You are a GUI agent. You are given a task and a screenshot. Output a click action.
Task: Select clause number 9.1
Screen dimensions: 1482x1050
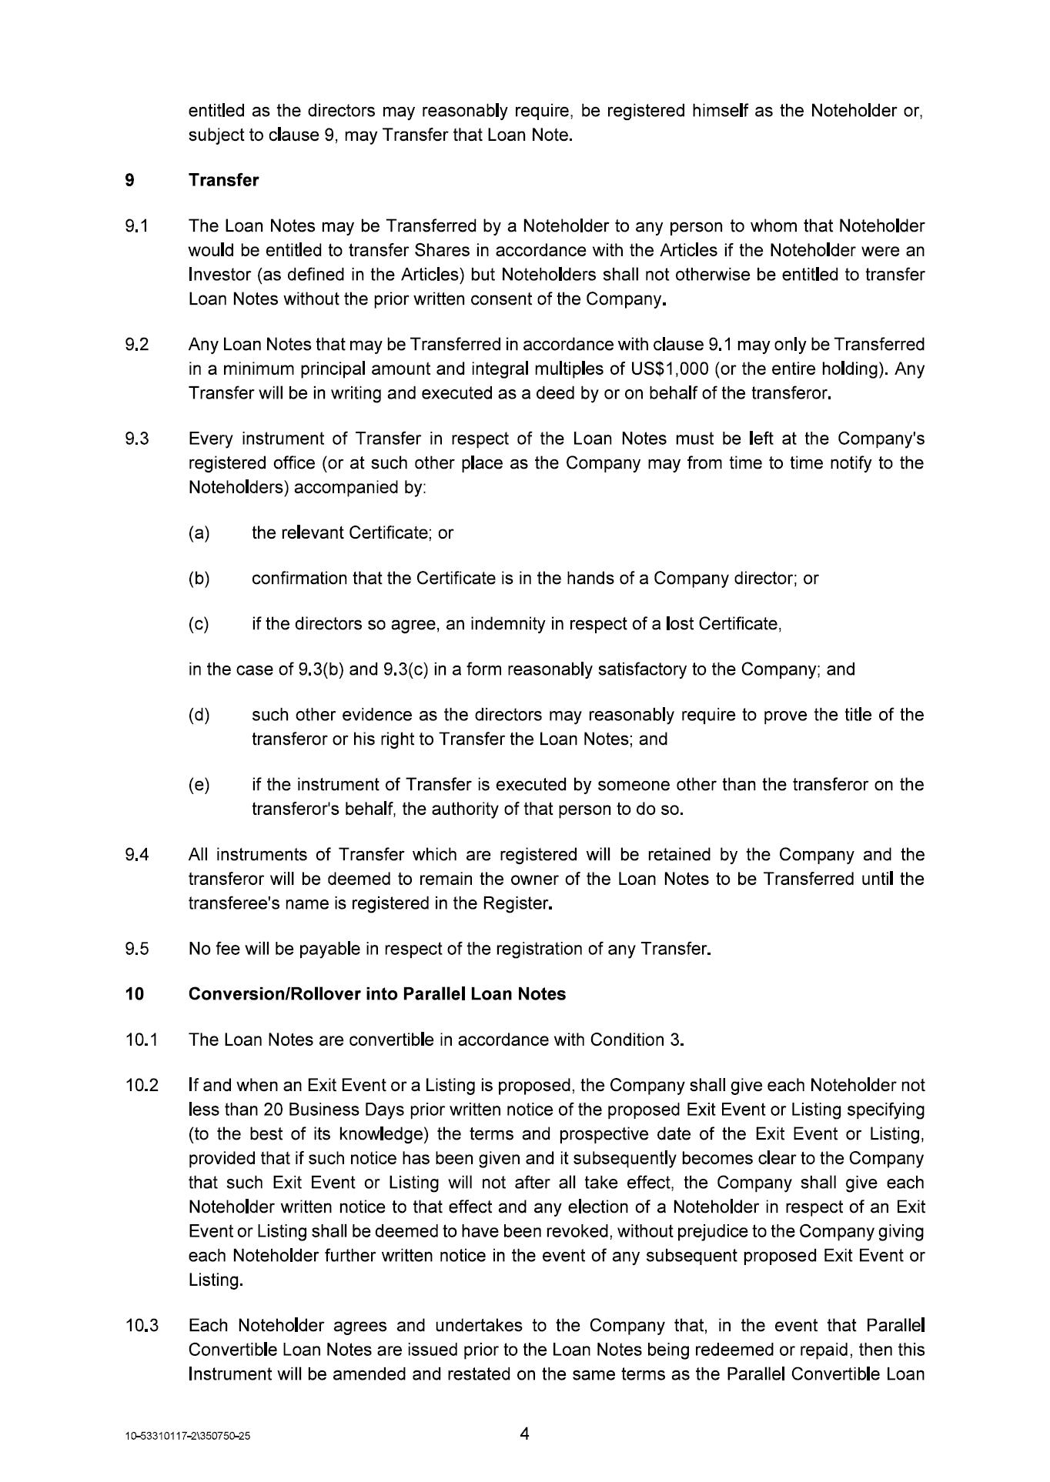(x=136, y=226)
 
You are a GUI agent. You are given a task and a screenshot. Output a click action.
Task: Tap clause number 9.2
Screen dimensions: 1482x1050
(x=136, y=344)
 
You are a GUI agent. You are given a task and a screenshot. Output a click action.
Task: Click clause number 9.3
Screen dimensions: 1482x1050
(x=136, y=439)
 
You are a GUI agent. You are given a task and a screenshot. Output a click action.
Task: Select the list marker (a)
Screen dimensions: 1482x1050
(x=199, y=532)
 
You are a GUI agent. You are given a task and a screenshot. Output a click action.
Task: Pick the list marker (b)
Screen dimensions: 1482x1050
(x=199, y=578)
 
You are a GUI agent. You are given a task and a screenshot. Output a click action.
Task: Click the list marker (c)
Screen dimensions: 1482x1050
(x=199, y=623)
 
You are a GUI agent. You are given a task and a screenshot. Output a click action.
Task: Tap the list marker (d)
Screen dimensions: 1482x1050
(x=199, y=715)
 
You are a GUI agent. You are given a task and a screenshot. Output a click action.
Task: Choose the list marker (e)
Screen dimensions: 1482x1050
(x=199, y=785)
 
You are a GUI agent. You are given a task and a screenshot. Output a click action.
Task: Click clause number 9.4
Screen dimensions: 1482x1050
(x=136, y=855)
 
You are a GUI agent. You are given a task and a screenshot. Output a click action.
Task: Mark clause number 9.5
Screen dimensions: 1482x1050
(x=136, y=949)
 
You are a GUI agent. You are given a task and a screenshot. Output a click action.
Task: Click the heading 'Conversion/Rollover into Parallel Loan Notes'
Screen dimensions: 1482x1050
(x=376, y=994)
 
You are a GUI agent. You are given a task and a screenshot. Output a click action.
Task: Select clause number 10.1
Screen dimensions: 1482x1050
(x=141, y=1040)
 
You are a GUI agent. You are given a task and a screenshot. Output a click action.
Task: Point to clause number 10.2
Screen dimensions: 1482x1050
(x=141, y=1086)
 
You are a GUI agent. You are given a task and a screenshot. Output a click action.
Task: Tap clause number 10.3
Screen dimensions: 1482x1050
(x=141, y=1326)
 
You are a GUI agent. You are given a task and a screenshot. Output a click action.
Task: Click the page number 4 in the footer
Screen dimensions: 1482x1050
(x=524, y=1434)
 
